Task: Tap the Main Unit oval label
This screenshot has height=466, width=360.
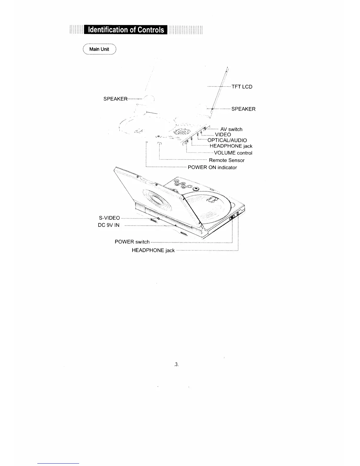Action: pos(99,49)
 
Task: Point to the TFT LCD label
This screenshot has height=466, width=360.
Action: pos(242,87)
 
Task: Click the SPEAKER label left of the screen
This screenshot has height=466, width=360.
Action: pos(115,99)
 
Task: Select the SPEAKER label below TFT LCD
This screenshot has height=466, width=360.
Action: pos(243,109)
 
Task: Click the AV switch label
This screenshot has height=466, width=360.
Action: pos(231,129)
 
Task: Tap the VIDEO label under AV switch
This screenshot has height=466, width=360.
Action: pos(223,135)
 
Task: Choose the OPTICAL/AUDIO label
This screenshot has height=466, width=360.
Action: pos(227,140)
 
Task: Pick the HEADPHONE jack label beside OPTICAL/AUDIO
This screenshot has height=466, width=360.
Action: pos(231,146)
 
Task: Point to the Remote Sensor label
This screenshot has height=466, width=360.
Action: pos(226,160)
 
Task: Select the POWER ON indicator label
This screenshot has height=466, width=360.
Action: pos(212,168)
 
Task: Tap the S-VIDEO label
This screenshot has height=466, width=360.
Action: pos(109,218)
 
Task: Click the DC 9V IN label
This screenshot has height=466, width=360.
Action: pos(109,225)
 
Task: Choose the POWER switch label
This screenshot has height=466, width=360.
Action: pos(132,242)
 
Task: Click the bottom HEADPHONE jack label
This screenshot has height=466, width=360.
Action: pos(153,251)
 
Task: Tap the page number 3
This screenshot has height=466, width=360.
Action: pos(176,365)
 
